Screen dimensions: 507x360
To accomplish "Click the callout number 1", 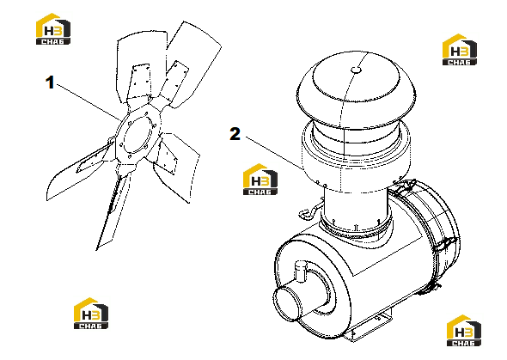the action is click(50, 82).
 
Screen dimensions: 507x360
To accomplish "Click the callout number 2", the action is click(235, 134).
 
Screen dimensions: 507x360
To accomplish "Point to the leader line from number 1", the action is click(89, 101).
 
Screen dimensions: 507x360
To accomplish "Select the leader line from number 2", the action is click(274, 153).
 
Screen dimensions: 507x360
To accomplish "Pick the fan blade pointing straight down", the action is click(112, 210).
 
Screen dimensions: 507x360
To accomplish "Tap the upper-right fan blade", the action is click(191, 64).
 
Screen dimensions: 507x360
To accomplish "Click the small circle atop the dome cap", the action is click(356, 70).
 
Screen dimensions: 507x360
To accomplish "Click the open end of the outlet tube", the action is click(286, 303).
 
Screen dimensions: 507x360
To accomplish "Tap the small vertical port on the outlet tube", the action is click(301, 271).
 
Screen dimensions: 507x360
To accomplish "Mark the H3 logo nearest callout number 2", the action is click(260, 180).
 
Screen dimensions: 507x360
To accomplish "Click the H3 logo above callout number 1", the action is click(53, 28).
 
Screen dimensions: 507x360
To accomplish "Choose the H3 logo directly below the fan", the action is click(91, 314).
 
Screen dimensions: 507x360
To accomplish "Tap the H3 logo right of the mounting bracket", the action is click(464, 330).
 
